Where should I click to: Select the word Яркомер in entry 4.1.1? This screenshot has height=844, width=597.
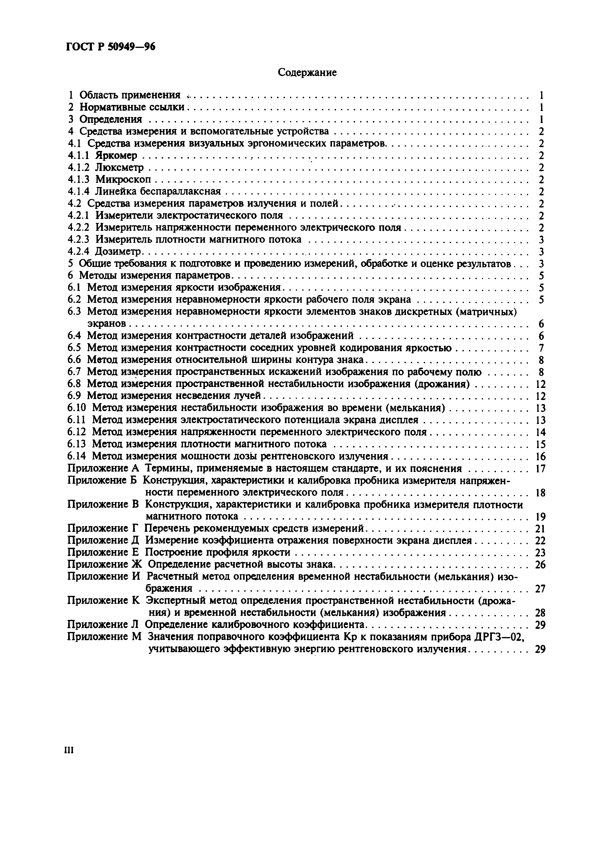(116, 155)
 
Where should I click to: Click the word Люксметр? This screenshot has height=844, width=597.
(119, 168)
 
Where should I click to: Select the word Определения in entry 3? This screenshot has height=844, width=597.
(111, 119)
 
